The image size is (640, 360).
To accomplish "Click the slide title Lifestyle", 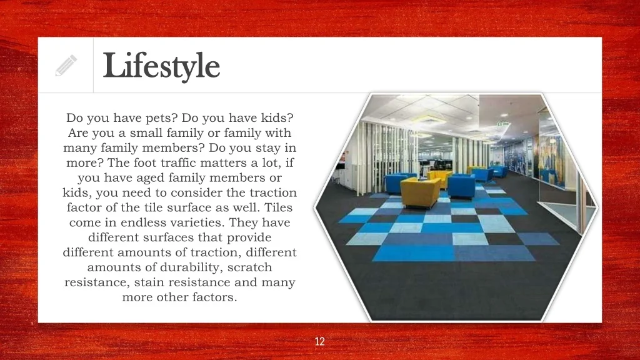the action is [161, 66].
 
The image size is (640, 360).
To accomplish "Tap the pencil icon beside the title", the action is [66, 65].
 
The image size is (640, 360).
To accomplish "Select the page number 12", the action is [319, 341].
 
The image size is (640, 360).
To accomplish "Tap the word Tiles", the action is [278, 207].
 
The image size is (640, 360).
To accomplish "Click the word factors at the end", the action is [215, 297].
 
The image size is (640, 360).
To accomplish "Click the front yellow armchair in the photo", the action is [421, 192].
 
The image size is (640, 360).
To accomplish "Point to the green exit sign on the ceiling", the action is [503, 124].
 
